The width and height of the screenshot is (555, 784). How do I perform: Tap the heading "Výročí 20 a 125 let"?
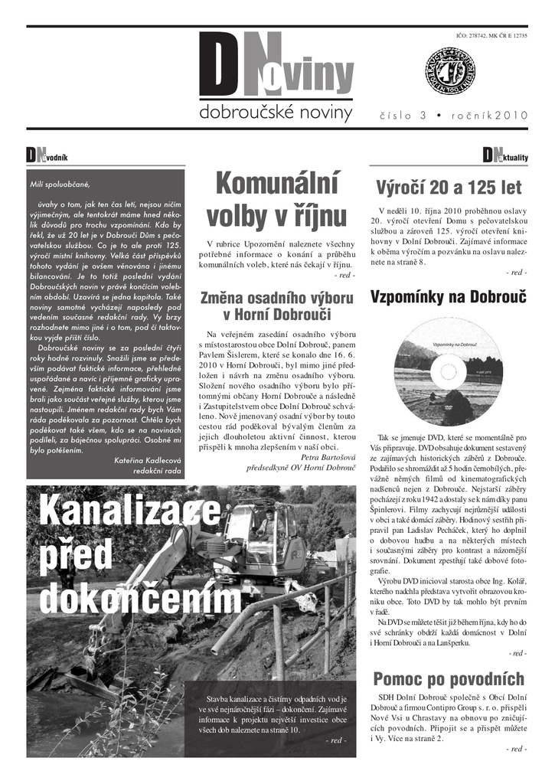point(449,188)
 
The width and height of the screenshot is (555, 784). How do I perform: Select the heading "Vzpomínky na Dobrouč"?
point(448,297)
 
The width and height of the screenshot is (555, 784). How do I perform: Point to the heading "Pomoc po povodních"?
point(449,679)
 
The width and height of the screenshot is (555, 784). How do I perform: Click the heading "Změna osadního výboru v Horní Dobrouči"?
point(276,305)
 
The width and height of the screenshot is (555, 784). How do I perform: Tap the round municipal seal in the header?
point(451,71)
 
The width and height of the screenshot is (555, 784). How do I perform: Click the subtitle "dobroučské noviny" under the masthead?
point(276,114)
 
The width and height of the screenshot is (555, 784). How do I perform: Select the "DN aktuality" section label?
point(505,156)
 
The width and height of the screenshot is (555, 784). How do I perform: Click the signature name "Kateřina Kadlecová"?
point(147,460)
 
